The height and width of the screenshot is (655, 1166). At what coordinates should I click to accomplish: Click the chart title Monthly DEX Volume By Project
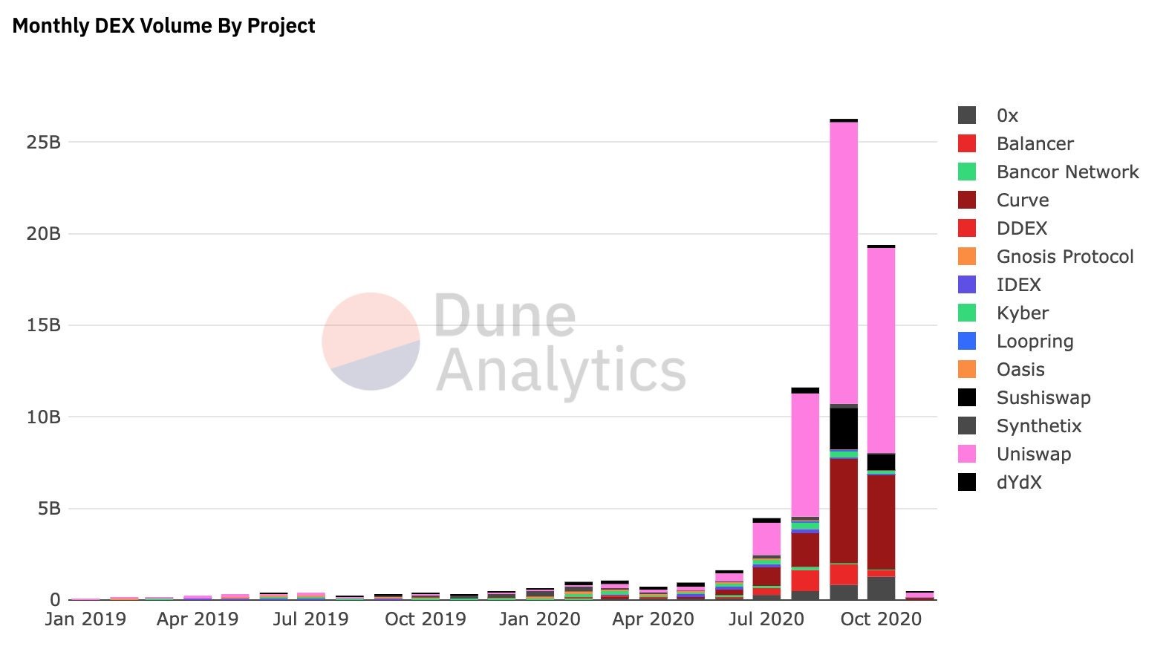(x=163, y=26)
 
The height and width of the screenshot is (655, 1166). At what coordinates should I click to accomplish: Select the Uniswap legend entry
(x=1033, y=454)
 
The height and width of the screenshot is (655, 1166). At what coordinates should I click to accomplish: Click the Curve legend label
(x=1023, y=201)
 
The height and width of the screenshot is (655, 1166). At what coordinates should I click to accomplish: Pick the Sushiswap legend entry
(x=1043, y=398)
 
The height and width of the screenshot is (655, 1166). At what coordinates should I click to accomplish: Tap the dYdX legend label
(x=1019, y=483)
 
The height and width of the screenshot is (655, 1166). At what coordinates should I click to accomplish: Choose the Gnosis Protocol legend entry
(x=1064, y=257)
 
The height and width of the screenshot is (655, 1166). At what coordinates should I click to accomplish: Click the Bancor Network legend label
(x=1067, y=172)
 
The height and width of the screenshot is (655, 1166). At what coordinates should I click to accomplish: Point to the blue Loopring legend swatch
(x=966, y=342)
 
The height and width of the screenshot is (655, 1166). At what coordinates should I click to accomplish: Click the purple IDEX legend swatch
(x=966, y=285)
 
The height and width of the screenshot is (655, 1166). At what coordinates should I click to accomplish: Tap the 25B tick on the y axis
(x=43, y=142)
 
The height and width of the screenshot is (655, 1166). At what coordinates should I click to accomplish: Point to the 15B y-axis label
(x=43, y=325)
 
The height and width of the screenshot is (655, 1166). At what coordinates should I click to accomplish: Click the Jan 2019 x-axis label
(x=85, y=619)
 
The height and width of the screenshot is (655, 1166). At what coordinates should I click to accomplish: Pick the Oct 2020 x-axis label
(x=881, y=619)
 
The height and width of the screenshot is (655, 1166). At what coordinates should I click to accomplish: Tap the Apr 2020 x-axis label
(x=653, y=619)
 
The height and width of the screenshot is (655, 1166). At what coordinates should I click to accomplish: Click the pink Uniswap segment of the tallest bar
(x=844, y=260)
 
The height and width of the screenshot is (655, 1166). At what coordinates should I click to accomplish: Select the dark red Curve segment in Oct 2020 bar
(x=881, y=520)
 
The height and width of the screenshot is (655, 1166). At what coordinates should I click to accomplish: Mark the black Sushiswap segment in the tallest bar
(x=844, y=428)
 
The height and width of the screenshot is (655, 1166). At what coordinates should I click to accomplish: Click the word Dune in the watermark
(x=504, y=316)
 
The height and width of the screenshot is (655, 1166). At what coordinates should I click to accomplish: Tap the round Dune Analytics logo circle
(x=371, y=341)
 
